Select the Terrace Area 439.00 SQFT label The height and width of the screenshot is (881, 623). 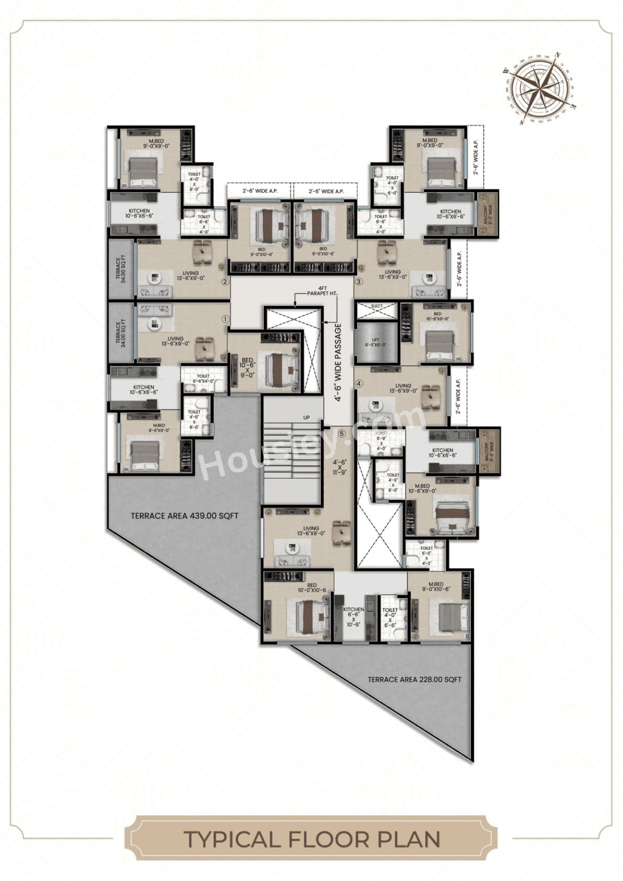(x=184, y=516)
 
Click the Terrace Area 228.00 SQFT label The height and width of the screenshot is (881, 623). (x=414, y=679)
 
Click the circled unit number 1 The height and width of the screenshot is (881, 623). (x=225, y=318)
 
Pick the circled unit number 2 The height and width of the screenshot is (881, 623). (x=225, y=282)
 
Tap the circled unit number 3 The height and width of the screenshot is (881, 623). (x=358, y=282)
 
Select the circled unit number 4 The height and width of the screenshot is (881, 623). (x=358, y=384)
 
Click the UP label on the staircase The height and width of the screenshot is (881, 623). (x=306, y=417)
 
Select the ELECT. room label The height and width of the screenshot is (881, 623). (x=377, y=306)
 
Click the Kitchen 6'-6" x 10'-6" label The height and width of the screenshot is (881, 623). (x=353, y=616)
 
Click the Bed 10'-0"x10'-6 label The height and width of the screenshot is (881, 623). (x=312, y=587)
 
